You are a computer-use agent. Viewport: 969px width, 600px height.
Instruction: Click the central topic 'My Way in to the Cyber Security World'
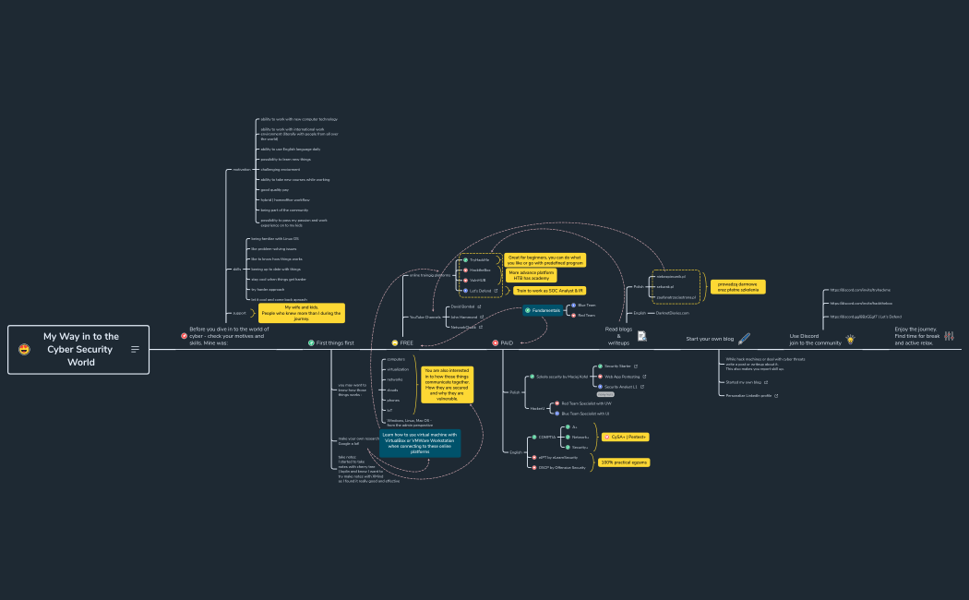(79, 349)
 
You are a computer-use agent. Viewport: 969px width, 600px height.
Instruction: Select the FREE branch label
(406, 342)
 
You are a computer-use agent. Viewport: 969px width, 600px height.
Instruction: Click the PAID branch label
(506, 342)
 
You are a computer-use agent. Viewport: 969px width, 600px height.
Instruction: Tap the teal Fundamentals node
(545, 310)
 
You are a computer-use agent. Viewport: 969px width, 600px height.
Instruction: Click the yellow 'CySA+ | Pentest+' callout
(623, 437)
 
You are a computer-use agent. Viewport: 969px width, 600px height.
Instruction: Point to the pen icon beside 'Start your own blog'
(744, 339)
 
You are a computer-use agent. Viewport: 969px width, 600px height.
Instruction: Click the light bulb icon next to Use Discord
(851, 339)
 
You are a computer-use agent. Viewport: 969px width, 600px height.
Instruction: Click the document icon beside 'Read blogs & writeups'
(641, 336)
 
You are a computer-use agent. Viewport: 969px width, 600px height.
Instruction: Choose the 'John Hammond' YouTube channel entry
(464, 317)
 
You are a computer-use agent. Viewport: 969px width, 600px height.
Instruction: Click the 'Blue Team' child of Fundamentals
(586, 305)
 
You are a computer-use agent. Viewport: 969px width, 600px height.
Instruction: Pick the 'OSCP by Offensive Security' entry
(561, 468)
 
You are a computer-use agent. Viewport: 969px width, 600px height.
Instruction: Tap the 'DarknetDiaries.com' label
(674, 313)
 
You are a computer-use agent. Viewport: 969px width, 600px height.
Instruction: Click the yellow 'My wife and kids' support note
(301, 313)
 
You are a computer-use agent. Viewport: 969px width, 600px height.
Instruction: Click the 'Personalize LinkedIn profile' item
(749, 395)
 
